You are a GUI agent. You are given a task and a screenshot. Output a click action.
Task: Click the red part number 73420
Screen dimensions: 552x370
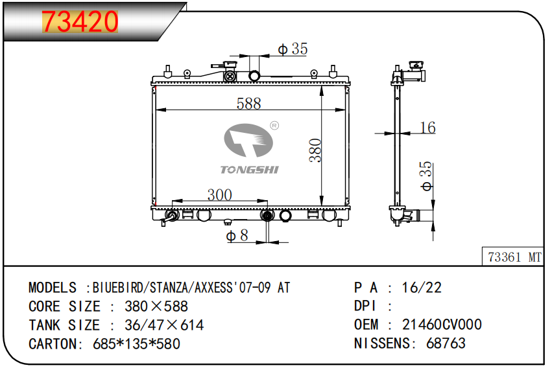pyautogui.click(x=80, y=21)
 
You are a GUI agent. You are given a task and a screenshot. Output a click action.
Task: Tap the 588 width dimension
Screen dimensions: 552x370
pyautogui.click(x=248, y=104)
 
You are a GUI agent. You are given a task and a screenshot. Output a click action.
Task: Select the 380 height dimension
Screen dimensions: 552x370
pyautogui.click(x=315, y=150)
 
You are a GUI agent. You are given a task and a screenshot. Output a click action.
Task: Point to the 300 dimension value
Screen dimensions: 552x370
pyautogui.click(x=220, y=194)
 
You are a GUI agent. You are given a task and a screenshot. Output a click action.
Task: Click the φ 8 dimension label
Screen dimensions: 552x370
pyautogui.click(x=237, y=235)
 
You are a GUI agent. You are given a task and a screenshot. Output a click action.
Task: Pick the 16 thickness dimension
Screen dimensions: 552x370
pyautogui.click(x=427, y=127)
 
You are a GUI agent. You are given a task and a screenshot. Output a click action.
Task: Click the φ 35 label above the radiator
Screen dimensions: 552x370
pyautogui.click(x=293, y=49)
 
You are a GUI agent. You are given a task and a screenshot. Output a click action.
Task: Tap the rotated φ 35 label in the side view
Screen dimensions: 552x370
pyautogui.click(x=426, y=176)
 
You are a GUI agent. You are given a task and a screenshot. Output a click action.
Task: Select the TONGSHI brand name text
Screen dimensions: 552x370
pyautogui.click(x=249, y=170)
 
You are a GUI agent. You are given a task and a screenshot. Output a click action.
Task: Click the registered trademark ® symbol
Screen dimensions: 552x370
pyautogui.click(x=274, y=126)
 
